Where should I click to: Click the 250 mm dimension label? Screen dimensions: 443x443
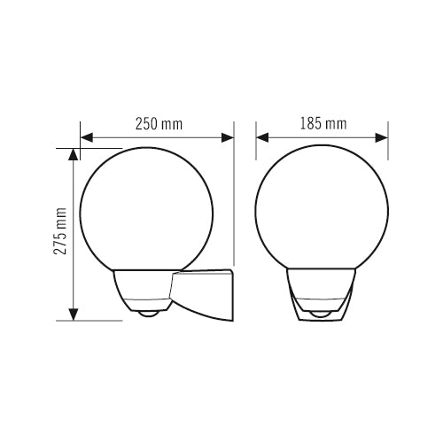[159, 124]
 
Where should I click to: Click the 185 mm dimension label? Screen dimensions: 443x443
[323, 124]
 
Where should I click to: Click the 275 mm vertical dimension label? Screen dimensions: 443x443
[60, 231]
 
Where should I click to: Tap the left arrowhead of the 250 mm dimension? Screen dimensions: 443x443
[87, 137]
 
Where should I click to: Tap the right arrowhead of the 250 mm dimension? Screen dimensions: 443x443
[228, 137]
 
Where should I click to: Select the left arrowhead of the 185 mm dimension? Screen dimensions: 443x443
[262, 137]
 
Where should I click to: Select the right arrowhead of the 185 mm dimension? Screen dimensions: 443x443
[382, 137]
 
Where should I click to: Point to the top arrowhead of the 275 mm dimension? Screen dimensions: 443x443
[74, 154]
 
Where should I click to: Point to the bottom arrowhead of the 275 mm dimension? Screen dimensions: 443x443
[74, 315]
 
